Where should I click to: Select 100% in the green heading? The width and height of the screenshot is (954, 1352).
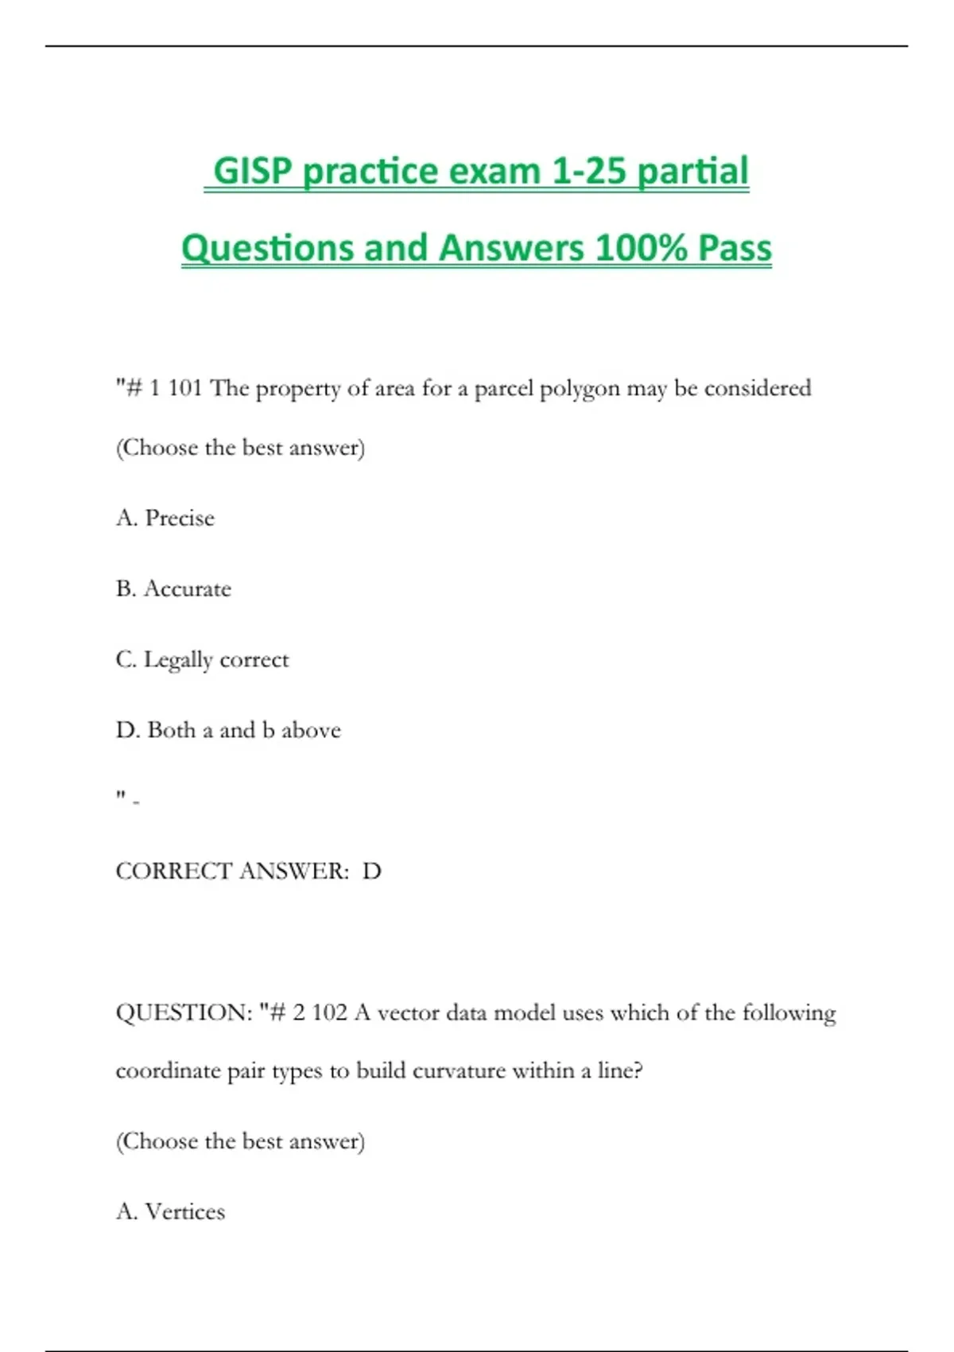pos(641,247)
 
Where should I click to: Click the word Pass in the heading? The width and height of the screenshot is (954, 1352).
pos(735,247)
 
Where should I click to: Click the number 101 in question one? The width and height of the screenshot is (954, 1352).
pos(184,388)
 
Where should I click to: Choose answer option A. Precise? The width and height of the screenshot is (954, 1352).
pos(165,518)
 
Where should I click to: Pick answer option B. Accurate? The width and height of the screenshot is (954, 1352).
pos(173,589)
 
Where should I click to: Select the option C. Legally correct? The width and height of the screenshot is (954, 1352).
pos(202,659)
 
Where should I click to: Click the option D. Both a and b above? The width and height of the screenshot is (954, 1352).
pos(228,730)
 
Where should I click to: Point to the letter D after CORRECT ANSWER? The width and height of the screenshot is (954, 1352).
pos(371,871)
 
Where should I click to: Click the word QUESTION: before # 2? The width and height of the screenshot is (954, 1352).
pos(184,1012)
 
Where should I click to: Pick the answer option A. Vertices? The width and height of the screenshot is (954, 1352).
pos(170,1211)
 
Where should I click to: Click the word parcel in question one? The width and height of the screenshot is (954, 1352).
pos(503,389)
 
